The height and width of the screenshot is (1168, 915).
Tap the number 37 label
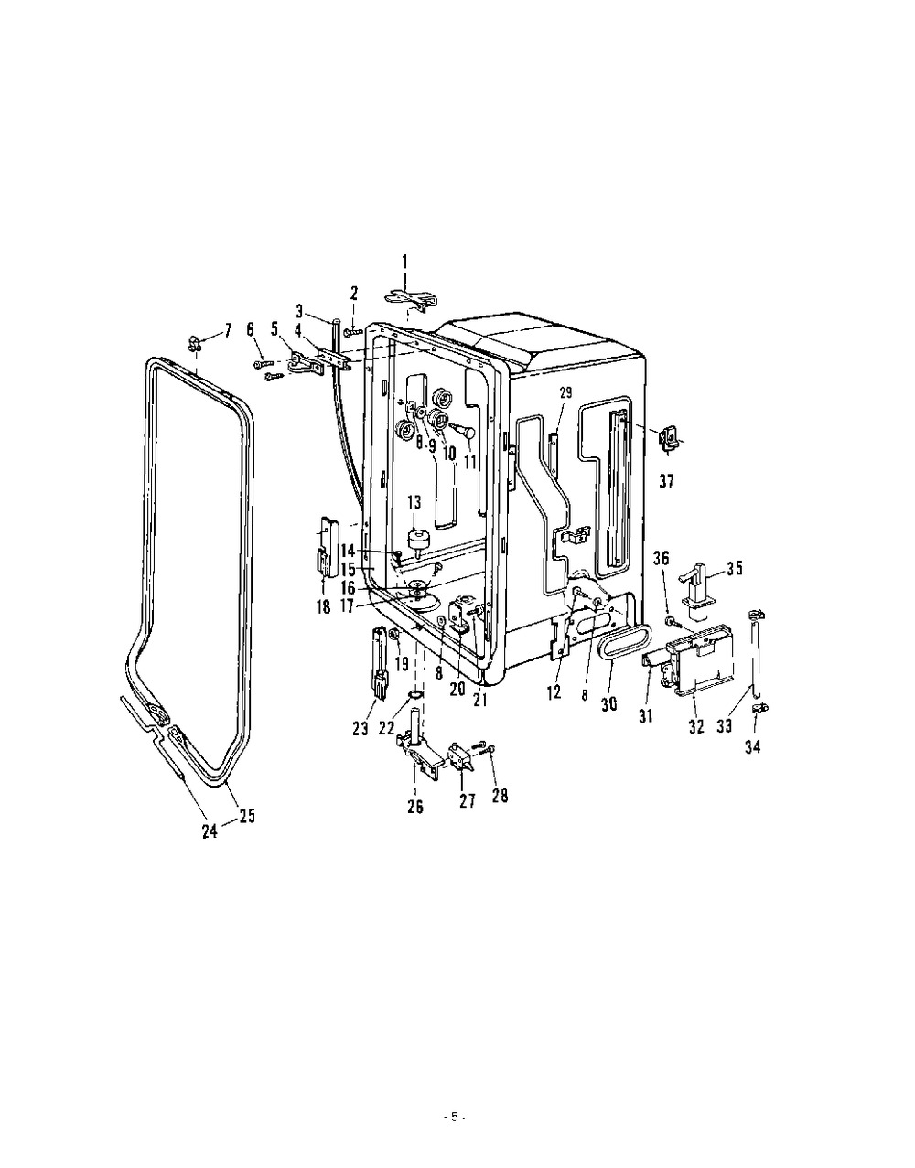(x=667, y=482)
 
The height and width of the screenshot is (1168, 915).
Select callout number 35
(x=735, y=568)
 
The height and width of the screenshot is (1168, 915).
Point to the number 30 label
(x=609, y=704)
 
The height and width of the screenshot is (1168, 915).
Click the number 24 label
(x=210, y=831)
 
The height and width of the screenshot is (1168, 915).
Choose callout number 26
(x=415, y=807)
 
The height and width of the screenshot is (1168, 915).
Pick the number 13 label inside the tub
(x=414, y=502)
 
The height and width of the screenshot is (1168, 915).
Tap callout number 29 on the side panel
(x=566, y=393)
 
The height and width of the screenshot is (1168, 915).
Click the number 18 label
(x=324, y=608)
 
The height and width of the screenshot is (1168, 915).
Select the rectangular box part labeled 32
(x=700, y=660)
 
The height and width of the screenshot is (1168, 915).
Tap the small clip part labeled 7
(x=194, y=342)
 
